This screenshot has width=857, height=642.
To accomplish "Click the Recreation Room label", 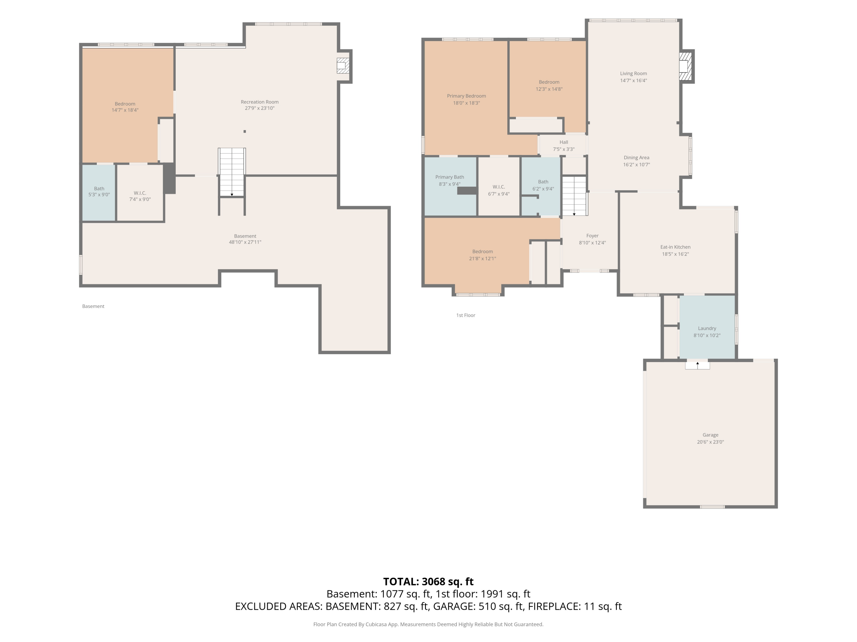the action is click(x=260, y=102).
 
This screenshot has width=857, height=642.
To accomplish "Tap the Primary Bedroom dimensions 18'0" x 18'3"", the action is click(x=466, y=103).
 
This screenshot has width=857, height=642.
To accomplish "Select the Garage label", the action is click(x=710, y=435).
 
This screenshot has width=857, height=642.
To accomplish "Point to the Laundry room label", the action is click(x=707, y=328).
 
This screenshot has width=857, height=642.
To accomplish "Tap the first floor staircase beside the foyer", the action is click(x=574, y=196).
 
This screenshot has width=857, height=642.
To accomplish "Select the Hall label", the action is click(x=564, y=142).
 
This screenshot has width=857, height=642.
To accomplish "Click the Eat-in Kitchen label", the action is click(x=675, y=247).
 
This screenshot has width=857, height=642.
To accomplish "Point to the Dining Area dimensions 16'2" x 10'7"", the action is click(x=636, y=164).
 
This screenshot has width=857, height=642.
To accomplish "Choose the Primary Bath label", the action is click(x=449, y=177).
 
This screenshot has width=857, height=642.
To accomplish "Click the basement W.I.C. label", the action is click(x=140, y=193).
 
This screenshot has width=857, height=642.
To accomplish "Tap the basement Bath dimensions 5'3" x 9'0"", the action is click(x=99, y=195).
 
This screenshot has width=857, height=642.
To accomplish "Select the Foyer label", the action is click(x=592, y=236).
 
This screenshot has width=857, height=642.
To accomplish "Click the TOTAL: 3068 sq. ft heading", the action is click(x=428, y=581).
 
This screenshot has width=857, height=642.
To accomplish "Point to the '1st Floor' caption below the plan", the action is click(x=466, y=315).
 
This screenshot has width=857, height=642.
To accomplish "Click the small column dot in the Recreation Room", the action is click(x=245, y=132).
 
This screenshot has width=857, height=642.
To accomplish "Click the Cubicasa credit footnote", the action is click(x=428, y=624).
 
